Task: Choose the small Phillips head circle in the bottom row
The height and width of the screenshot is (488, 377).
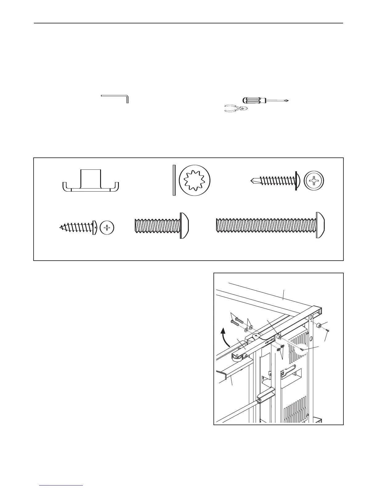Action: [x=107, y=228]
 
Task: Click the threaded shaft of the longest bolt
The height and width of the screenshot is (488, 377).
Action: [x=265, y=226]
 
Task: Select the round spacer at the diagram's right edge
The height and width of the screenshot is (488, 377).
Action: [x=319, y=325]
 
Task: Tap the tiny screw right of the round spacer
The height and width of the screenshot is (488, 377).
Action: [x=327, y=331]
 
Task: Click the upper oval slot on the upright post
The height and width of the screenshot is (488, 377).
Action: [x=311, y=317]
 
